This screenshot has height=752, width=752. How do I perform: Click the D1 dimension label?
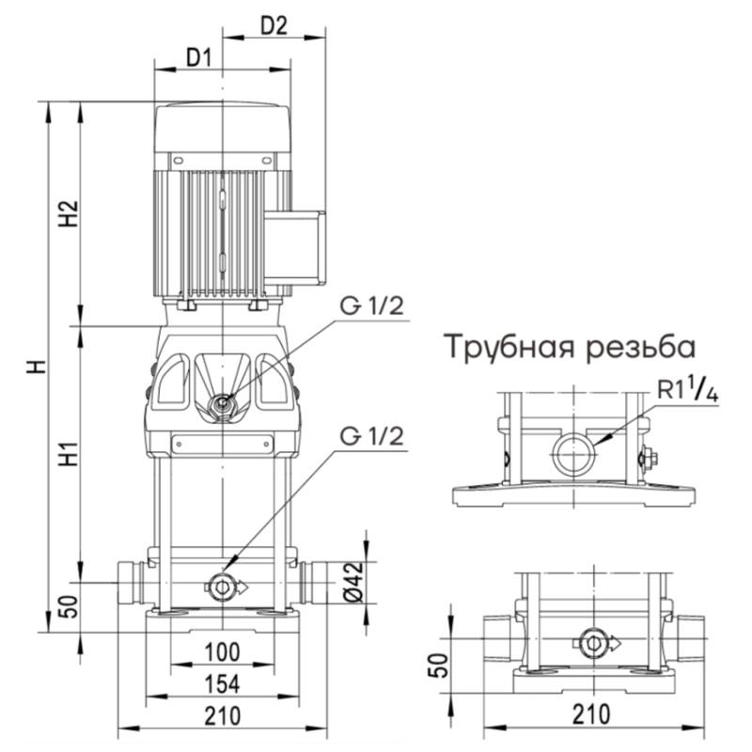tap(197, 57)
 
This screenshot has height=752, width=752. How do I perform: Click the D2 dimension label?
tap(273, 25)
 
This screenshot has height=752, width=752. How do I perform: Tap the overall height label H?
tap(36, 367)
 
